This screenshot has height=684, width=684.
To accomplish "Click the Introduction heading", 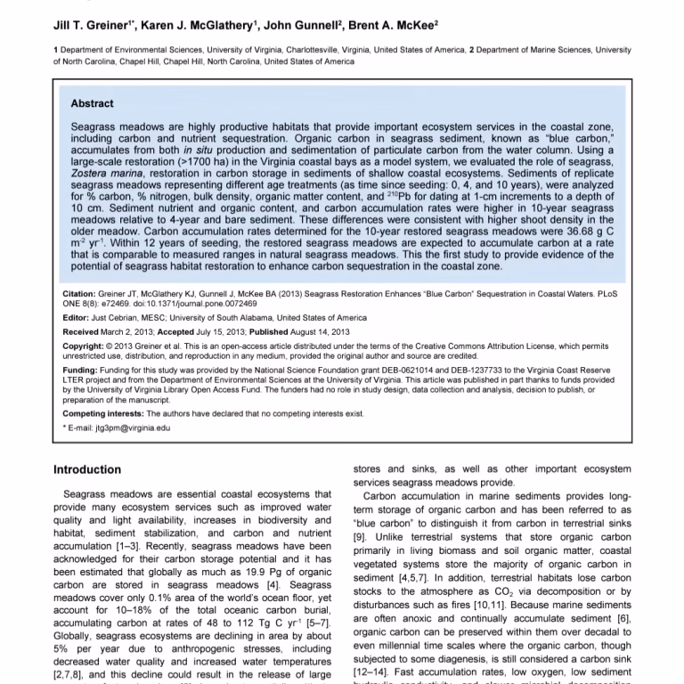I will click(x=87, y=470).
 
